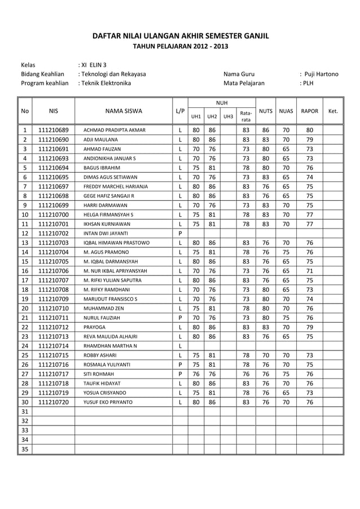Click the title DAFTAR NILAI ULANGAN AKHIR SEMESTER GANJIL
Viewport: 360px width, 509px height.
180,37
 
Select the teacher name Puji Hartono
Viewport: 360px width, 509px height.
321,74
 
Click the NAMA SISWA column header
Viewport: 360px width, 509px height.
123,111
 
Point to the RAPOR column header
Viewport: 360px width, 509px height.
310,111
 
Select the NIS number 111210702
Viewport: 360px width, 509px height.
54,232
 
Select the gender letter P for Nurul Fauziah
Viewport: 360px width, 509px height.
179,317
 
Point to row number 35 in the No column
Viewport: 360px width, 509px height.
25,449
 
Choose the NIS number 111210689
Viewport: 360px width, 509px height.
54,130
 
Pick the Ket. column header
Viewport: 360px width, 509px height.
332,111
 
